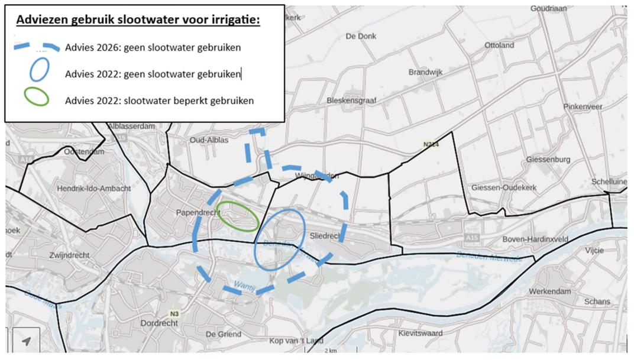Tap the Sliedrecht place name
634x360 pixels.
tap(325, 236)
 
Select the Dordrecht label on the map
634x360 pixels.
tap(159, 323)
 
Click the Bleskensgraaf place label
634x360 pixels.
tap(352, 101)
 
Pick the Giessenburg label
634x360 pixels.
tap(548, 160)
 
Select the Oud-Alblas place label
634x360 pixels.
tap(208, 140)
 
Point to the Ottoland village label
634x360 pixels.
tap(499, 45)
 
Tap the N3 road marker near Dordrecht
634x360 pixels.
tap(174, 313)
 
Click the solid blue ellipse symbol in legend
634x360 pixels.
tap(39, 70)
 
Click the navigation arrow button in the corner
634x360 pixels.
tap(26, 341)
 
